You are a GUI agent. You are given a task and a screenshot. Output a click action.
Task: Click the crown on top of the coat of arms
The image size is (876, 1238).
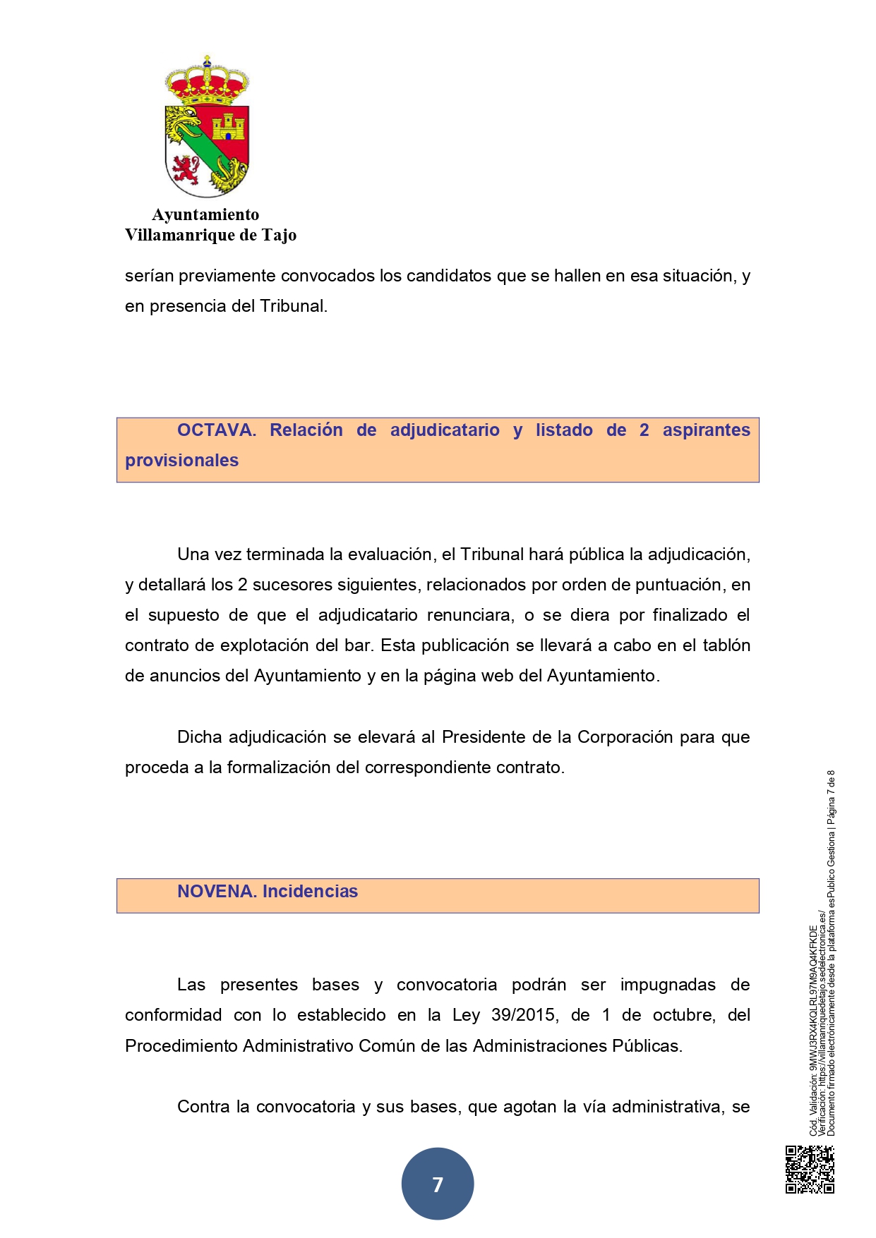coord(207,80)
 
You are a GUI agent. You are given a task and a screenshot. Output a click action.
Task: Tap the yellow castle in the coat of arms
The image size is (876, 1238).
coord(228,127)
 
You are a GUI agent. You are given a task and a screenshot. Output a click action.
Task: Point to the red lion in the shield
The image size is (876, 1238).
coord(185,169)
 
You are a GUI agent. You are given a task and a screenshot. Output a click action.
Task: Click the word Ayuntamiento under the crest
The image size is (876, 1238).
coord(205,214)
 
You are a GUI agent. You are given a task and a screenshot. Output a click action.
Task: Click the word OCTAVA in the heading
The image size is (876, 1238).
coord(217,430)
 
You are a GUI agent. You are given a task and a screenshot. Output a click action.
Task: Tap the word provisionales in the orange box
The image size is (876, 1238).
coord(182,461)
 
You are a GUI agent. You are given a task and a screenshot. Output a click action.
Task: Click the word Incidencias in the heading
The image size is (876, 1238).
coord(310,892)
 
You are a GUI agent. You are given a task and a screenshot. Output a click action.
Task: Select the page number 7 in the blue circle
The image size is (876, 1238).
coord(438,1184)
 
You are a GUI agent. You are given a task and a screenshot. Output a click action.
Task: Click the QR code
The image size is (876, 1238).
coord(810,1169)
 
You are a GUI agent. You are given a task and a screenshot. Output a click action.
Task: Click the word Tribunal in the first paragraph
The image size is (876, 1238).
coord(292,306)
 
